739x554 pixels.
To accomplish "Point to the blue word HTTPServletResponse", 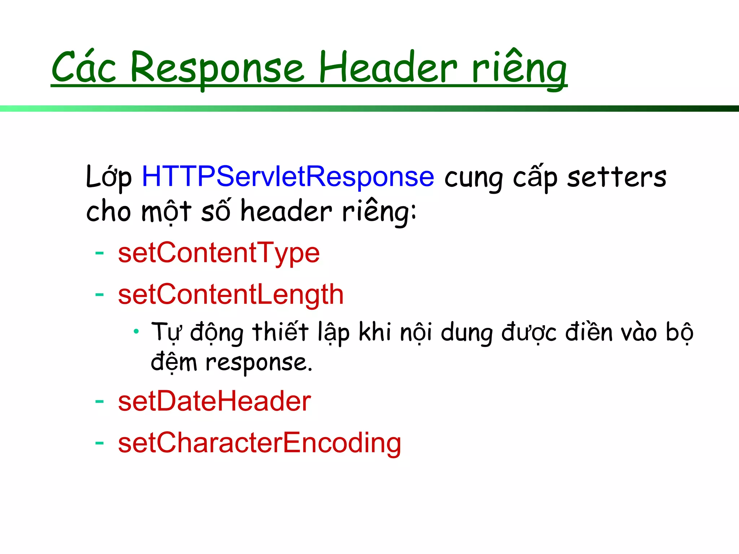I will click(x=288, y=176).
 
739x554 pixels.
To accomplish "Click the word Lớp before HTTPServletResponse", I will click(x=109, y=177).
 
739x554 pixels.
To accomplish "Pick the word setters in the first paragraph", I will click(x=616, y=177).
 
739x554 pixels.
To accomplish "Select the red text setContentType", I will click(x=219, y=253).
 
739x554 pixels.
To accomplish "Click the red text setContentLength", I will click(x=231, y=295).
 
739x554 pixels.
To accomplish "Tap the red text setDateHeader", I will click(x=214, y=401).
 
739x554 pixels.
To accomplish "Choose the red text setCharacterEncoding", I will click(x=259, y=443).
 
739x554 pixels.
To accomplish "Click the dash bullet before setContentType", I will click(x=99, y=253).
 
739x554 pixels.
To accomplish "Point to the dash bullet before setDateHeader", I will click(x=99, y=401).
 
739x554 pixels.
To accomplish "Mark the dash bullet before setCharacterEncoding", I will click(x=99, y=443).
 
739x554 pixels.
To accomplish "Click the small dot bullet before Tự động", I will click(x=136, y=331).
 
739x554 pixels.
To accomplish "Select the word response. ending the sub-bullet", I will click(x=258, y=363).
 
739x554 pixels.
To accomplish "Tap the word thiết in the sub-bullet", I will click(x=280, y=332).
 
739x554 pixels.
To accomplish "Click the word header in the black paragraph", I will click(x=286, y=211).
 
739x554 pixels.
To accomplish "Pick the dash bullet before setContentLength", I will click(x=99, y=295).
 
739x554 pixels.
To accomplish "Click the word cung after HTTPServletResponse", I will click(x=473, y=178).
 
